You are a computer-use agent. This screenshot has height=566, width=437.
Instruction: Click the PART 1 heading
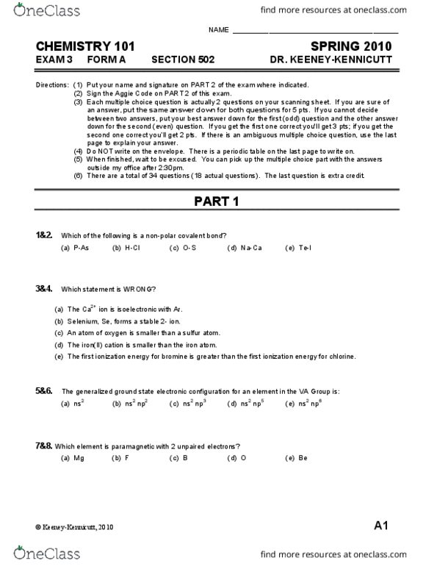(x=217, y=201)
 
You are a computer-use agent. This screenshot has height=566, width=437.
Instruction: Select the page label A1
(x=380, y=526)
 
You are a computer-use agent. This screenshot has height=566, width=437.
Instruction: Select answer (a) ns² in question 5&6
(x=71, y=404)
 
